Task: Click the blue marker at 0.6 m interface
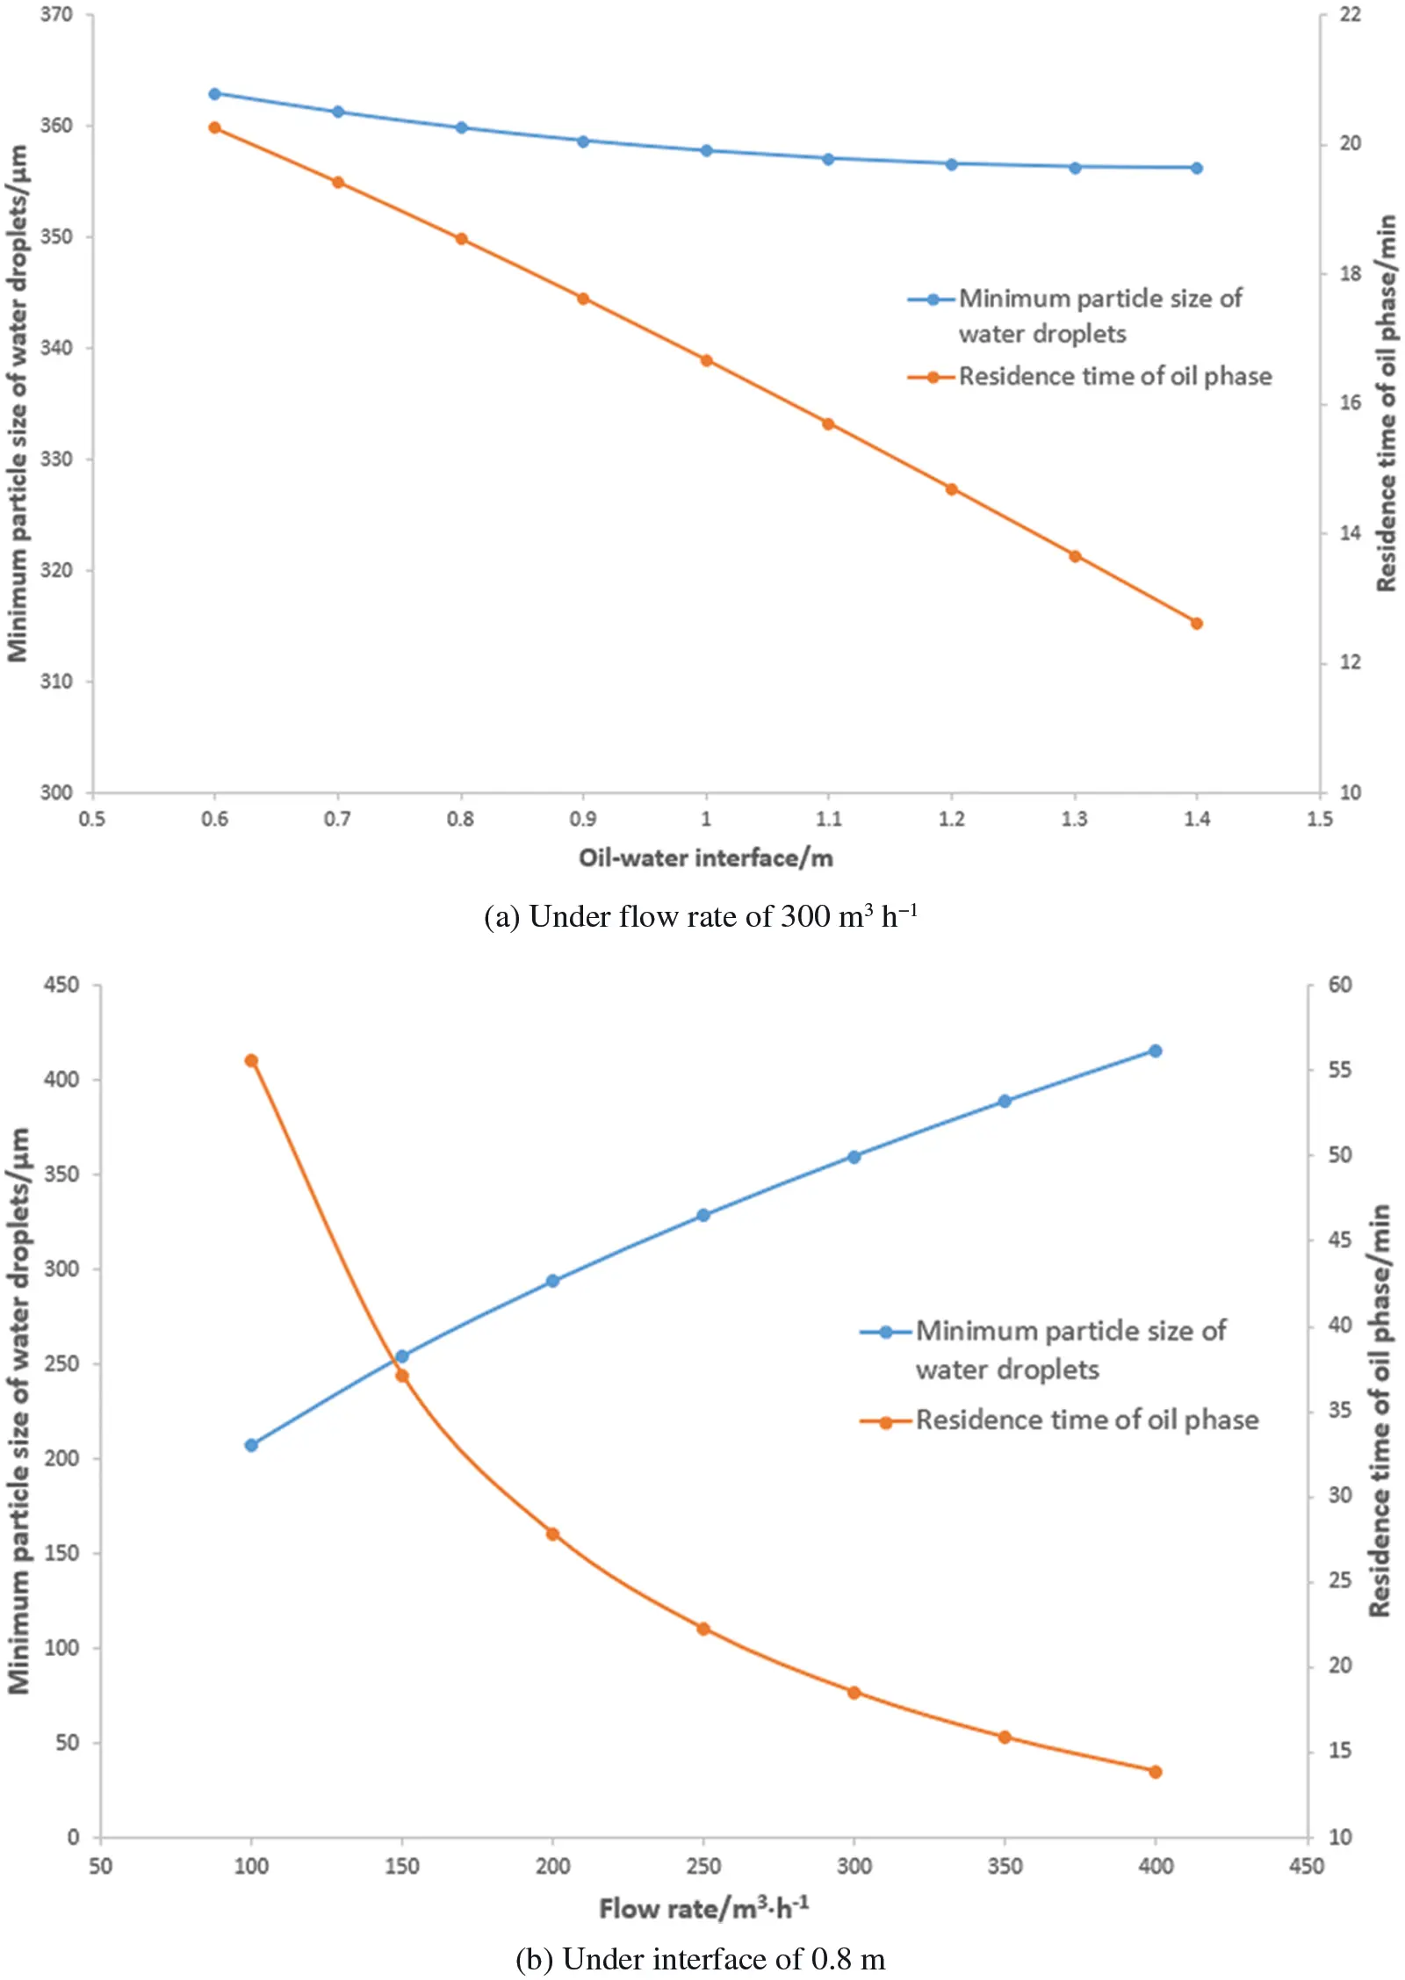click(214, 94)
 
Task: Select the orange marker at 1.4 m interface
click(1196, 624)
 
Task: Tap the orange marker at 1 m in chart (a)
click(706, 360)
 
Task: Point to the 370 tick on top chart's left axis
click(56, 15)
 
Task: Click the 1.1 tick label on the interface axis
click(828, 820)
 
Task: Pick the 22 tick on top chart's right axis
click(1350, 15)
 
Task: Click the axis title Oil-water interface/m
click(705, 858)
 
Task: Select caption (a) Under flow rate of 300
click(700, 917)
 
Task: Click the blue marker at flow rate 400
click(1156, 1051)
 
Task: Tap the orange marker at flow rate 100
click(251, 1061)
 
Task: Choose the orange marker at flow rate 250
click(703, 1629)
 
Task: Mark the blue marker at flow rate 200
click(552, 1282)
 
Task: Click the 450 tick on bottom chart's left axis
click(61, 986)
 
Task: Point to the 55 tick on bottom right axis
click(1340, 1070)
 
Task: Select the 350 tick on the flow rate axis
click(1005, 1866)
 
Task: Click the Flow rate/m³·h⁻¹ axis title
click(703, 1909)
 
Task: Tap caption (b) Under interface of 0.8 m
click(700, 1960)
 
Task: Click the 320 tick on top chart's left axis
click(56, 571)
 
